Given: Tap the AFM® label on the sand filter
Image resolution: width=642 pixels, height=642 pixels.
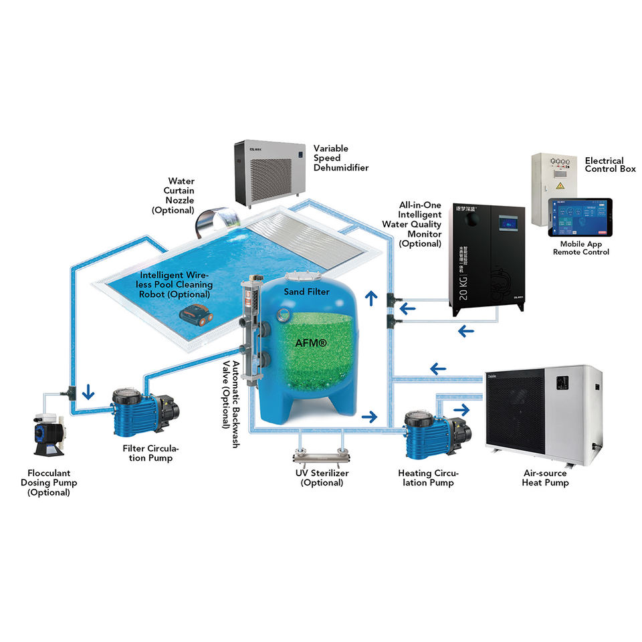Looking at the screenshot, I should click(311, 342).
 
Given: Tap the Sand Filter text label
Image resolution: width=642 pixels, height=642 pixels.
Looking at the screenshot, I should click(306, 292).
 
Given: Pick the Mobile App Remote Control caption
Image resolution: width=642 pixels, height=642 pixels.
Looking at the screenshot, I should click(580, 248).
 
